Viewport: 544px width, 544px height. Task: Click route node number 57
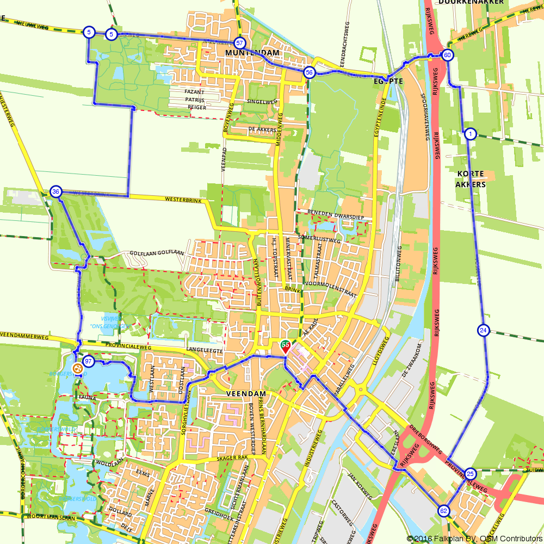coord(239,42)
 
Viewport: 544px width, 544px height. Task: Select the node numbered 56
coord(309,72)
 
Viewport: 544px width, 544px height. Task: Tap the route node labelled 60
coord(447,55)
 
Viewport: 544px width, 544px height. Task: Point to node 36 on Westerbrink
coord(55,191)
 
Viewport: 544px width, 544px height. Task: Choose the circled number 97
coord(88,361)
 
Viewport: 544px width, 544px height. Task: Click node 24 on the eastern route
coord(483,330)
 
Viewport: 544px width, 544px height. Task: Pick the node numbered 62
coord(443,511)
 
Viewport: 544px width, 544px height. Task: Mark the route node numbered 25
coord(471,473)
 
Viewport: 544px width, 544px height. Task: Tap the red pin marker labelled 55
coord(285,347)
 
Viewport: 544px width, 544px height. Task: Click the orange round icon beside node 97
coord(77,368)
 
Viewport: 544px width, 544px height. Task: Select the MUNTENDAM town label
coord(251,53)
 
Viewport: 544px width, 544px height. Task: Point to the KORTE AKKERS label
coord(471,179)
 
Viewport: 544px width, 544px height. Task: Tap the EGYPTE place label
coord(388,81)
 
